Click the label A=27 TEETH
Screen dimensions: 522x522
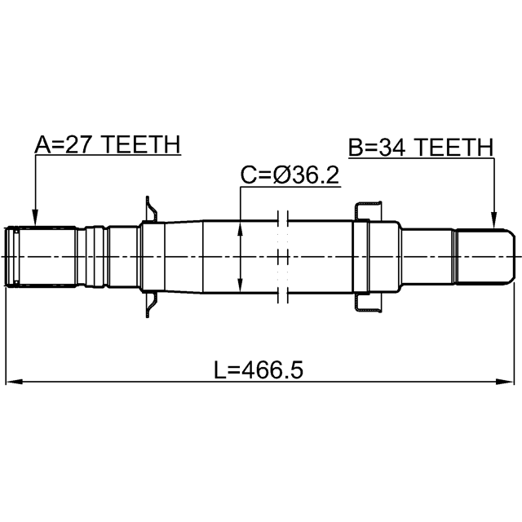click(x=108, y=144)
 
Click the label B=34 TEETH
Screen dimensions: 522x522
click(x=421, y=147)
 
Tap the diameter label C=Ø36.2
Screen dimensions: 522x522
click(x=290, y=175)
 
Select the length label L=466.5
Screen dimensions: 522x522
click(x=259, y=369)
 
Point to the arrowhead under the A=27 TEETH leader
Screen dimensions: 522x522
click(x=34, y=218)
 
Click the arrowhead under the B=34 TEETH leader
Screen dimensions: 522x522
click(x=494, y=220)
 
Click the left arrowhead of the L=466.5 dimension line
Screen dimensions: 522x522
click(x=15, y=382)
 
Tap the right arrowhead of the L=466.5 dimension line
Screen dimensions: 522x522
click(x=505, y=382)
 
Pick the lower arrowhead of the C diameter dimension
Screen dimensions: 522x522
click(x=240, y=285)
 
